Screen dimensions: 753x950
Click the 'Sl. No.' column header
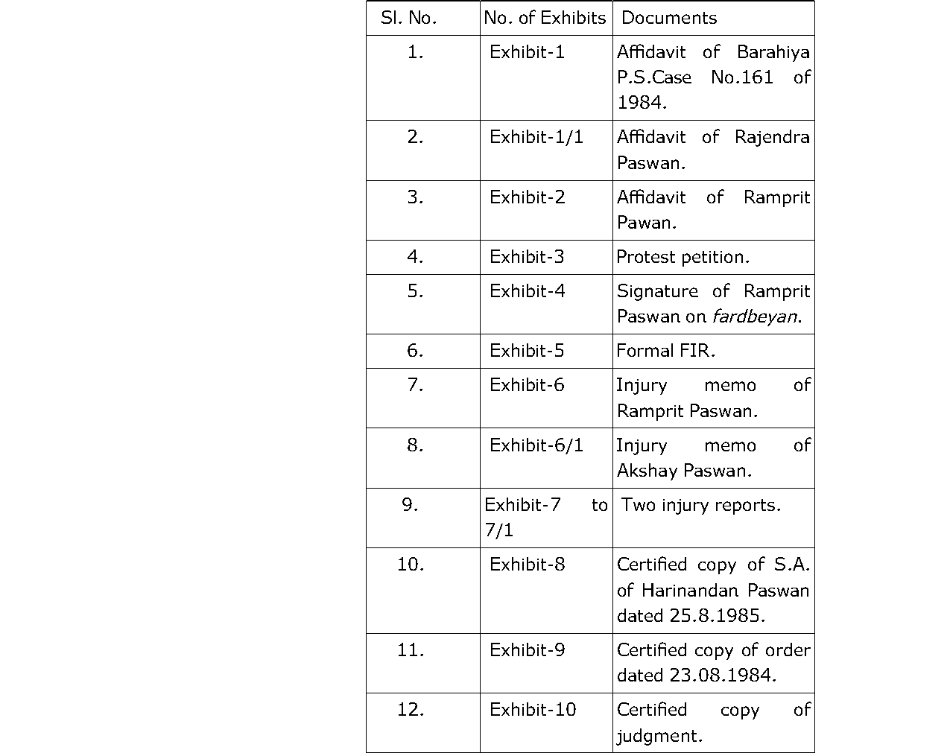pyautogui.click(x=408, y=18)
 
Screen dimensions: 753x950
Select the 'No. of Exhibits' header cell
pyautogui.click(x=545, y=18)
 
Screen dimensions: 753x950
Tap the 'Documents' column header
pyautogui.click(x=669, y=18)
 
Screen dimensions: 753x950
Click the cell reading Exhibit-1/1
pyautogui.click(x=536, y=137)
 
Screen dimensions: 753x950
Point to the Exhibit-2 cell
pyautogui.click(x=528, y=197)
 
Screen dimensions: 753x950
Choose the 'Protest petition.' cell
pyautogui.click(x=683, y=257)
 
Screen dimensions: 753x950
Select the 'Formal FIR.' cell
pyautogui.click(x=665, y=351)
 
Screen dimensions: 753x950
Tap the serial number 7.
pyautogui.click(x=415, y=385)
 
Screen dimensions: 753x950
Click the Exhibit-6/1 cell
pyautogui.click(x=536, y=445)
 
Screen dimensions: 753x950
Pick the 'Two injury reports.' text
pyautogui.click(x=701, y=505)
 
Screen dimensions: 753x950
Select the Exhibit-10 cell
pyautogui.click(x=533, y=710)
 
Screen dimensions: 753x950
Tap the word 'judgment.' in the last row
pyautogui.click(x=659, y=736)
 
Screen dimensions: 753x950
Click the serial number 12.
pyautogui.click(x=411, y=710)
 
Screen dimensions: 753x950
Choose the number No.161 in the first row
pyautogui.click(x=742, y=77)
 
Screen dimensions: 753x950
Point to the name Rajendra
pyautogui.click(x=772, y=137)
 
